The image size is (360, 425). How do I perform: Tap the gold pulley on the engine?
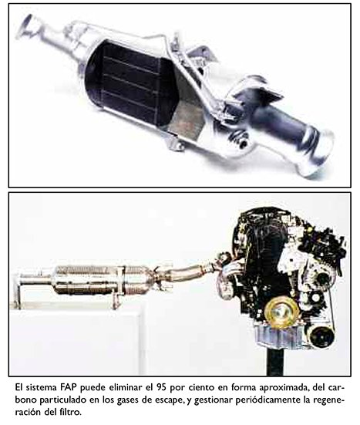[x=281, y=313]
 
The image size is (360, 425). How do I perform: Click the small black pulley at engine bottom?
[x=321, y=336]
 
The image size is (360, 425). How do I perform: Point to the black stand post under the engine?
[x=274, y=361]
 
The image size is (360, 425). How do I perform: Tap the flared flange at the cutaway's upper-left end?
[x=27, y=25]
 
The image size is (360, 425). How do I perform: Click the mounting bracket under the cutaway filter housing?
[x=176, y=143]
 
